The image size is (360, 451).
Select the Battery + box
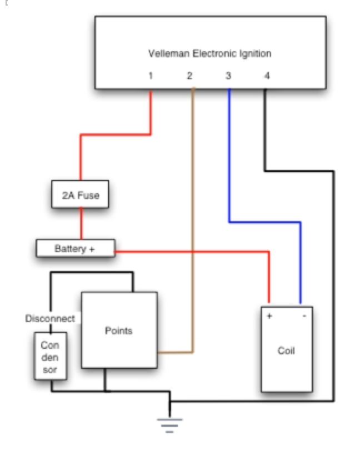click(x=75, y=248)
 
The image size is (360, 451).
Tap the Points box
click(x=119, y=330)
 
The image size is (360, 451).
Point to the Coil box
click(x=287, y=350)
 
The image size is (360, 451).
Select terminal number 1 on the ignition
click(x=151, y=76)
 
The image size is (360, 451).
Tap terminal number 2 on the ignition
click(x=189, y=76)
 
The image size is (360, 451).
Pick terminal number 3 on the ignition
click(x=228, y=76)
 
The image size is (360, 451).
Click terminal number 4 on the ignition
click(x=267, y=76)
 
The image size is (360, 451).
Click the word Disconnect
click(x=50, y=319)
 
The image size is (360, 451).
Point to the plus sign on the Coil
click(x=269, y=317)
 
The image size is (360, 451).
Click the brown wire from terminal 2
click(x=193, y=222)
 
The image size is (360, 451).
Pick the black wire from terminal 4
click(x=333, y=278)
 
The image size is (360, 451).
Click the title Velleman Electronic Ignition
click(x=210, y=54)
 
